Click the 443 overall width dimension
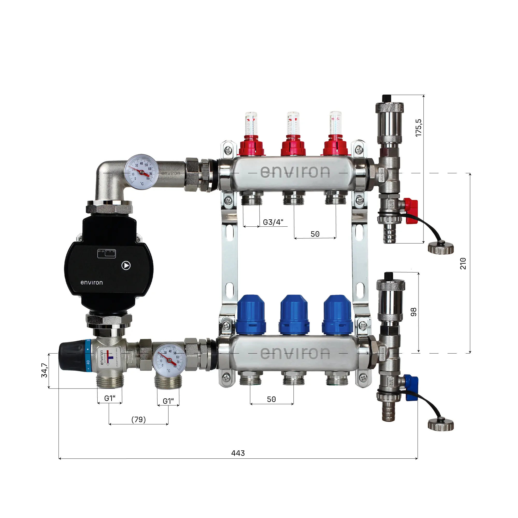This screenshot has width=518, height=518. pyautogui.click(x=238, y=453)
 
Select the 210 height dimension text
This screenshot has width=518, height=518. pyautogui.click(x=463, y=263)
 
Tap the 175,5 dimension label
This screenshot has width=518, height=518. pyautogui.click(x=419, y=128)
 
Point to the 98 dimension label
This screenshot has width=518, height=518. pyautogui.click(x=414, y=312)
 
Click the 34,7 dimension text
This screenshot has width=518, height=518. pyautogui.click(x=45, y=370)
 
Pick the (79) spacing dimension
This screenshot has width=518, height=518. pyautogui.click(x=139, y=419)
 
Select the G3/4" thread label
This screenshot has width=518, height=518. pyautogui.click(x=273, y=222)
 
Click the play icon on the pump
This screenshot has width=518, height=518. pyautogui.click(x=126, y=265)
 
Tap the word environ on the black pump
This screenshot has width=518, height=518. pyautogui.click(x=92, y=283)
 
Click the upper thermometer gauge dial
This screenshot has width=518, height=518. pyautogui.click(x=142, y=172)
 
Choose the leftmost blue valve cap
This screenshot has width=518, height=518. pyautogui.click(x=251, y=315)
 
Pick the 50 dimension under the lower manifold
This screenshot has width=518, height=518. pyautogui.click(x=271, y=399)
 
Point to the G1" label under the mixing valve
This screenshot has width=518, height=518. pyautogui.click(x=110, y=398)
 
